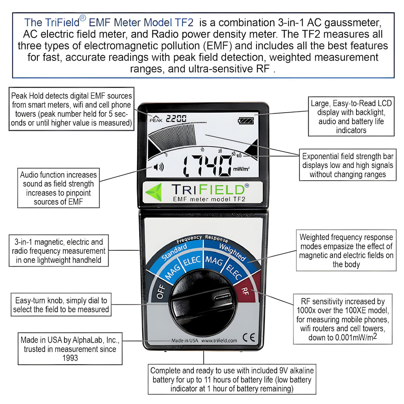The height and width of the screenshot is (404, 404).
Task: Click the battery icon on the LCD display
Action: point(246,121)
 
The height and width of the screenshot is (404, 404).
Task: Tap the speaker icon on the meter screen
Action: point(159,167)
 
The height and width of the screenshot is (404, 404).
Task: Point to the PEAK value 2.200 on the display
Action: point(176,119)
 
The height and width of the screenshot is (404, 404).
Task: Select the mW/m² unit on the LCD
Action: point(241,169)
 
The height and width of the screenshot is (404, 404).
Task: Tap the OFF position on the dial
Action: point(160,292)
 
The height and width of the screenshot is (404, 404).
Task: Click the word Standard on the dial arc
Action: point(174,253)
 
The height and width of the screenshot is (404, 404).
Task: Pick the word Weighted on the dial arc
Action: point(232,252)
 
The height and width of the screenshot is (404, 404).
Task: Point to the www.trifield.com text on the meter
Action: point(219,341)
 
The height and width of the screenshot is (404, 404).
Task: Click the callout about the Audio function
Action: point(58,188)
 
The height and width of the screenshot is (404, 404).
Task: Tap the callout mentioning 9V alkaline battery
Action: point(232,379)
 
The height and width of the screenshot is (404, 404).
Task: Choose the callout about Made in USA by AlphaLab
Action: point(70,349)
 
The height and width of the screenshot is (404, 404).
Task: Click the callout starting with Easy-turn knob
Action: point(61,305)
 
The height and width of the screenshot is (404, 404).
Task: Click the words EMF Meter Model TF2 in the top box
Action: point(141,22)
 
